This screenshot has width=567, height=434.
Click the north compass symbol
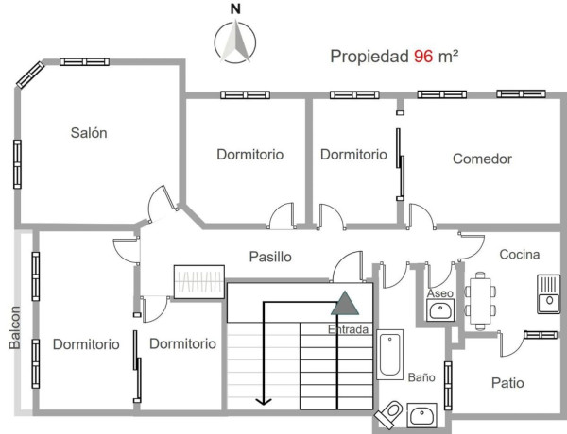(x=236, y=42)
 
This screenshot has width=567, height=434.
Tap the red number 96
(x=422, y=57)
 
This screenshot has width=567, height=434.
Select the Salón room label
(x=89, y=133)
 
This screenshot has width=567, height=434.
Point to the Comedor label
(x=482, y=159)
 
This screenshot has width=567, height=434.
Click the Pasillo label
(x=269, y=257)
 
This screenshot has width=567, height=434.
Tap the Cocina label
(x=520, y=254)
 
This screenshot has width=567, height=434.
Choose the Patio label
(x=507, y=382)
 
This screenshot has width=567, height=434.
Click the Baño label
(x=421, y=376)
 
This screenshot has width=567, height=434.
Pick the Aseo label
(x=439, y=294)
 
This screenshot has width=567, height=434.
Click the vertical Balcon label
(x=15, y=327)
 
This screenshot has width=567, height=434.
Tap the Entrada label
(x=349, y=329)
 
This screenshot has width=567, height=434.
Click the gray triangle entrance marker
(x=345, y=304)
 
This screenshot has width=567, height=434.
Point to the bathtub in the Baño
(x=389, y=353)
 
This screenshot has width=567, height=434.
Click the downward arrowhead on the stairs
(x=264, y=400)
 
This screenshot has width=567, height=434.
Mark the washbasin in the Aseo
(x=438, y=312)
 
